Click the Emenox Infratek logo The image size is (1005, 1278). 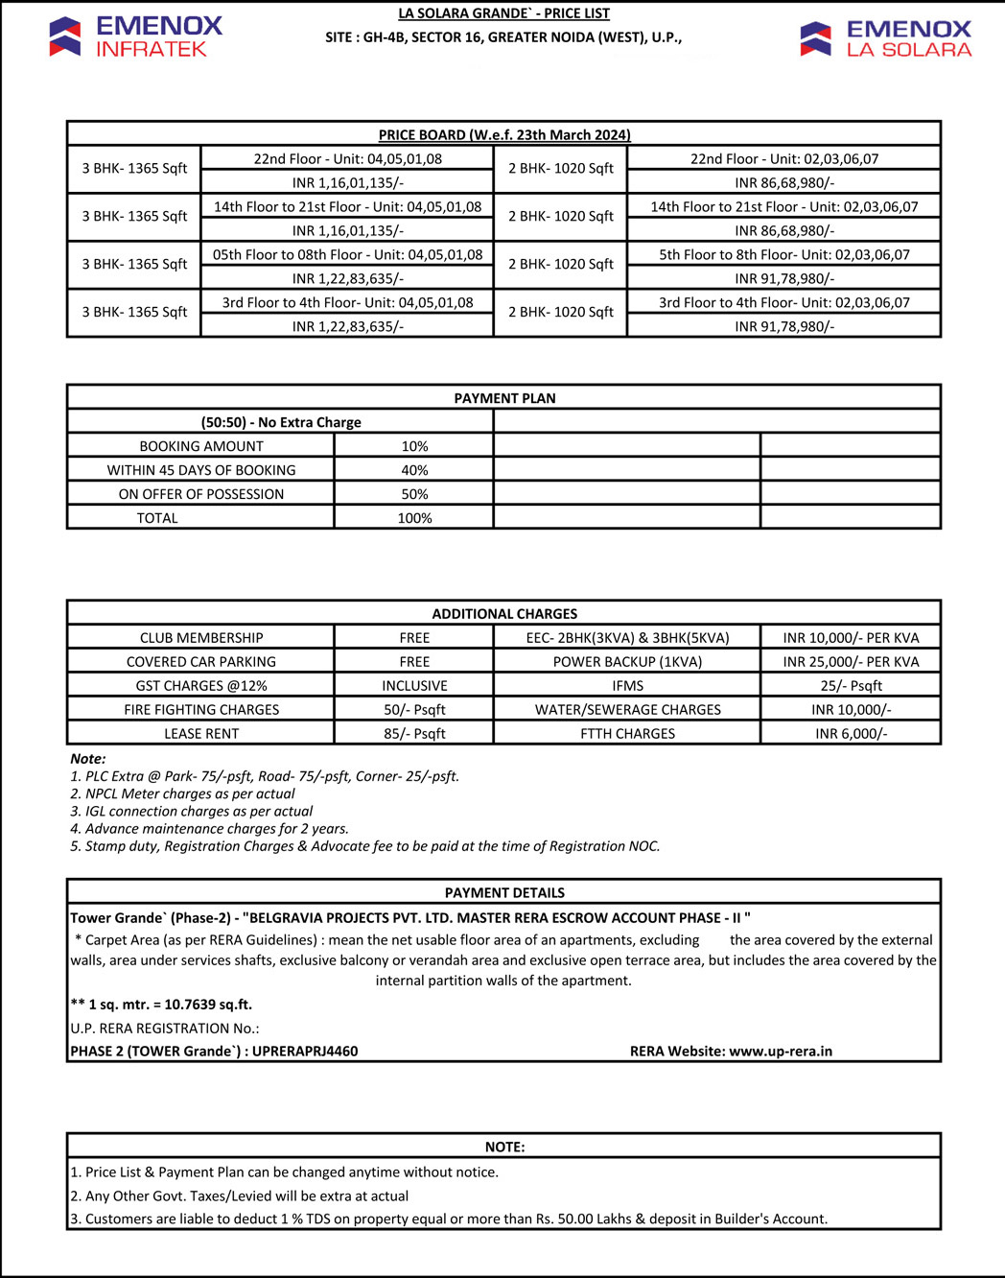pyautogui.click(x=135, y=36)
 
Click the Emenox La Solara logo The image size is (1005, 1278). pyautogui.click(x=885, y=38)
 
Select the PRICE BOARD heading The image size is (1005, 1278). pyautogui.click(x=504, y=135)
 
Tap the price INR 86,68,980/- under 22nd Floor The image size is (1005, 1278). pyautogui.click(x=784, y=182)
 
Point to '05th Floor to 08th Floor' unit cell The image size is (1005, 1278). pyautogui.click(x=347, y=254)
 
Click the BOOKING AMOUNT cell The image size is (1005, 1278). pyautogui.click(x=201, y=446)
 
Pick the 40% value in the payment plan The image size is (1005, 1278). pyautogui.click(x=414, y=470)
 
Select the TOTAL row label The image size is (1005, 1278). pyautogui.click(x=157, y=518)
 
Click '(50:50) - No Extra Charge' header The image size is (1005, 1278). pyautogui.click(x=281, y=422)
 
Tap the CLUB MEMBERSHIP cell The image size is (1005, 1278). pyautogui.click(x=201, y=638)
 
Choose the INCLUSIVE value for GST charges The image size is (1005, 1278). pyautogui.click(x=414, y=686)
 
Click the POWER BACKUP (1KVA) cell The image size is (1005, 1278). pyautogui.click(x=627, y=662)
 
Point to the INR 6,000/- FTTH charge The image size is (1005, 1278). pyautogui.click(x=851, y=734)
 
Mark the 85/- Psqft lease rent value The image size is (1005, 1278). pyautogui.click(x=414, y=734)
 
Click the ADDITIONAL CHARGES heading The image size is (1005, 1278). pyautogui.click(x=504, y=614)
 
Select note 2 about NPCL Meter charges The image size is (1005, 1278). pyautogui.click(x=182, y=793)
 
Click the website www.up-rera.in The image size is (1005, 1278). pyautogui.click(x=781, y=1052)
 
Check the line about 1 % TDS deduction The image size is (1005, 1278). pyautogui.click(x=449, y=1219)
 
